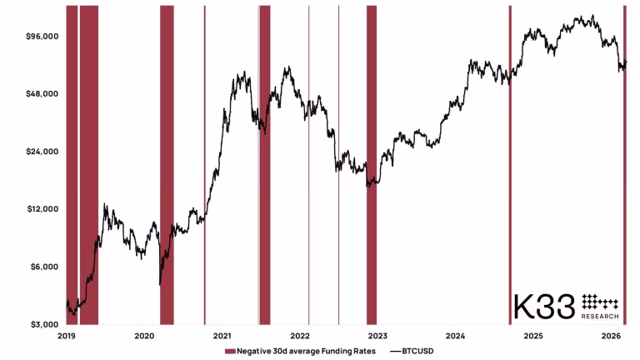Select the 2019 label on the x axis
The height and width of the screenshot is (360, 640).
(67, 336)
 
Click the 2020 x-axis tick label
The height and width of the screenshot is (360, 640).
(144, 336)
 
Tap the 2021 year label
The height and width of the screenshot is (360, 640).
(222, 336)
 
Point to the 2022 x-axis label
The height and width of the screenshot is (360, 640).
(300, 336)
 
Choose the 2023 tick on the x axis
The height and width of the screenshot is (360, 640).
(377, 336)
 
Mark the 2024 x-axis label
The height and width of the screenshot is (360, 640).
(456, 336)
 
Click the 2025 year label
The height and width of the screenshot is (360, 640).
(533, 336)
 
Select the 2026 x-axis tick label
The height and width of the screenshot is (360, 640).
(612, 336)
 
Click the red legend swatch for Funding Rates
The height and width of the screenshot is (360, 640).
(230, 351)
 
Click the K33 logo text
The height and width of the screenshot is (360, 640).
(543, 306)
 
